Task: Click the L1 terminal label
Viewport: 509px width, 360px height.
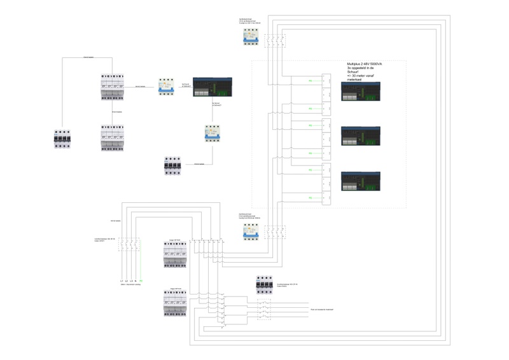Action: tap(121, 280)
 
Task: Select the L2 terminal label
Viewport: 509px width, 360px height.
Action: tap(127, 280)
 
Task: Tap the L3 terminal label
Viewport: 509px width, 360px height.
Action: tap(134, 280)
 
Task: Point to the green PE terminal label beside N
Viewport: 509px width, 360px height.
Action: tap(141, 280)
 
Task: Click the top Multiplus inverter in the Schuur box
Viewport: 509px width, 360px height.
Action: tap(361, 91)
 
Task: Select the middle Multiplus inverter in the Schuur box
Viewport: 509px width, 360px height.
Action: tap(361, 135)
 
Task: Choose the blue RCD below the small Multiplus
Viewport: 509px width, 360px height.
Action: tap(212, 133)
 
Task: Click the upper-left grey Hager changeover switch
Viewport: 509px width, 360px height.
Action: tap(113, 87)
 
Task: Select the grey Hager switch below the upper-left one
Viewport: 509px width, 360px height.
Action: tap(113, 136)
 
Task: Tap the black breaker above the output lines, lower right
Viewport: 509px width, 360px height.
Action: tap(264, 286)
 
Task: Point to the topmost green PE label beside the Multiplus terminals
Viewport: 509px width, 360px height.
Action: tap(310, 81)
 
